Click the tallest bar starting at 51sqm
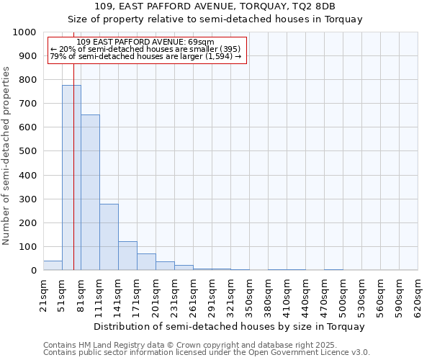click(71, 178)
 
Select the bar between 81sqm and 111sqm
click(90, 192)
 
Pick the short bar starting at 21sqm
click(53, 266)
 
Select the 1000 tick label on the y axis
click(24, 32)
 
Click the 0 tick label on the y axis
click(34, 271)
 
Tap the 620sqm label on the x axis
click(418, 296)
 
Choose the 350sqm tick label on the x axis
click(250, 296)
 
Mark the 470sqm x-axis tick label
click(325, 296)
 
